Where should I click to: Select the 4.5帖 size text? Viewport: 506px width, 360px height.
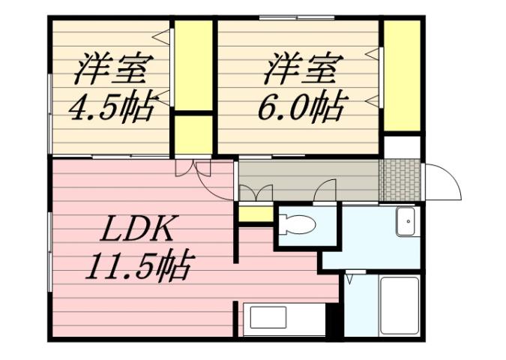click(x=112, y=107)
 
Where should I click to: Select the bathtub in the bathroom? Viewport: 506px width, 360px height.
click(x=399, y=305)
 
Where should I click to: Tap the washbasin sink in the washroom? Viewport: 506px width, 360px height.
click(x=405, y=220)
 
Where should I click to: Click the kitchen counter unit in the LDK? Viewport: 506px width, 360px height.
click(x=284, y=319)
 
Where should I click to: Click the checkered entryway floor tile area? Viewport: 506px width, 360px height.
click(x=398, y=179)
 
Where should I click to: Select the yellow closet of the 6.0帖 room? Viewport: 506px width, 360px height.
click(x=402, y=76)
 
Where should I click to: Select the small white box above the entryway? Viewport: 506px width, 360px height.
click(x=402, y=145)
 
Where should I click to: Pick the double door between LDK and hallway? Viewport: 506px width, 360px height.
click(x=193, y=168)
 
